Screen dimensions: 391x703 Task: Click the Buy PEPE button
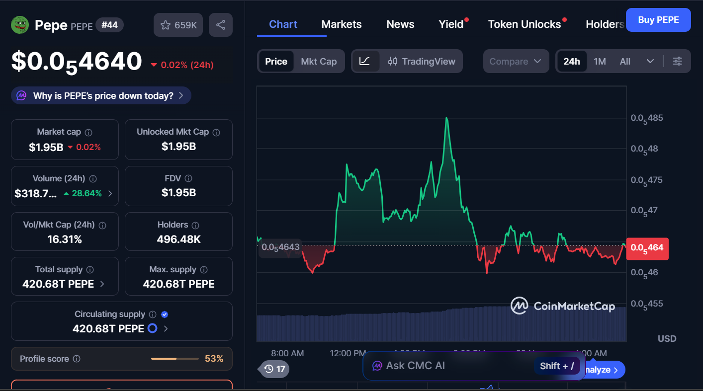658,20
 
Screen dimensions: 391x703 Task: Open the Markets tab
342,24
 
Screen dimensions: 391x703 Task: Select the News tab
400,24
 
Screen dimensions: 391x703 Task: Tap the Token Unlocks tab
524,24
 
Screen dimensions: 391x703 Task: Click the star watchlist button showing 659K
178,25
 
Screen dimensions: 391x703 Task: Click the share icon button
221,25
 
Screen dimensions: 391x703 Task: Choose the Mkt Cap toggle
319,61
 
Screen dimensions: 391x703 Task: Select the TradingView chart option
422,61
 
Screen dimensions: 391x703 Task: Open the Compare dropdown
516,61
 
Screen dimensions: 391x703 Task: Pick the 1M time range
600,61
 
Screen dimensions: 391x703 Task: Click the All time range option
625,61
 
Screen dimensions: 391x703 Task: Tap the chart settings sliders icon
677,61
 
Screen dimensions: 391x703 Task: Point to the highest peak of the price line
446,118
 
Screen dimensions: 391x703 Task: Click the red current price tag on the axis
647,247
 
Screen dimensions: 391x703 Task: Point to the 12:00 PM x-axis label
348,353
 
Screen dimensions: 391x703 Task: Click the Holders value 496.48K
178,239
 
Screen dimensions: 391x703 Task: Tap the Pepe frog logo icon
20,24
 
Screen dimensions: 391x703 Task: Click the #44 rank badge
109,25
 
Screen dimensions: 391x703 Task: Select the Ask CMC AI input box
447,366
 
